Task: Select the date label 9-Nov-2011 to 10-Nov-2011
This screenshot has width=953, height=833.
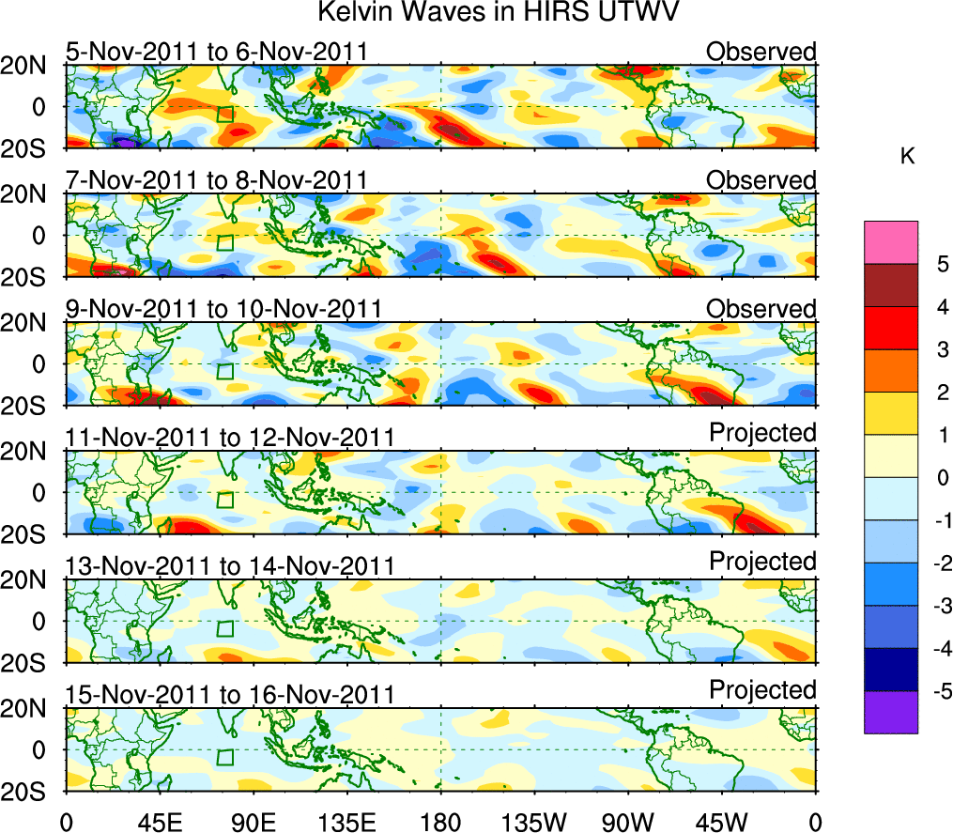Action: [x=223, y=309]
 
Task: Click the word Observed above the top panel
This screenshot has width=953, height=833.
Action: [x=761, y=52]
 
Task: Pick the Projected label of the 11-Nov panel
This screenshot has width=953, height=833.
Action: [x=762, y=433]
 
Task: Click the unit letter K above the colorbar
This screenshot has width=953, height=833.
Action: [x=907, y=157]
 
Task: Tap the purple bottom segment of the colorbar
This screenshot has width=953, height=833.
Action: [x=890, y=712]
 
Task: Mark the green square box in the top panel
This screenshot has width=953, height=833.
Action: [x=224, y=115]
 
